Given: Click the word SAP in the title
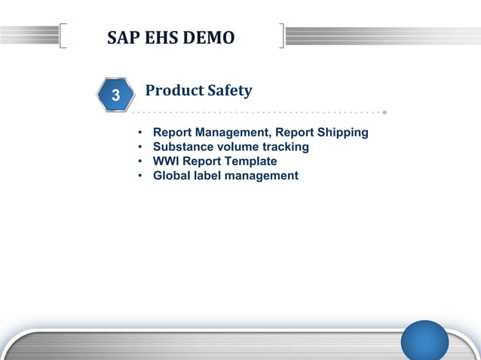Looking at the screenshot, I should [x=123, y=37].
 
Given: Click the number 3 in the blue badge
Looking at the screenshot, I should [x=115, y=96].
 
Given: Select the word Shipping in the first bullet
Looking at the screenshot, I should [x=343, y=133].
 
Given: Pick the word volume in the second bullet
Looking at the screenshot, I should [x=237, y=147].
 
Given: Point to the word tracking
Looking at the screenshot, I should [x=286, y=147].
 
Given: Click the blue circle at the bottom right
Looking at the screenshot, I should [x=424, y=340].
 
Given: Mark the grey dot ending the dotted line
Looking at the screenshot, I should [x=384, y=113].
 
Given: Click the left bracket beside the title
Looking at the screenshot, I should [x=62, y=35].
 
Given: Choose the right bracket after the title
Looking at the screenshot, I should [x=281, y=35].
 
